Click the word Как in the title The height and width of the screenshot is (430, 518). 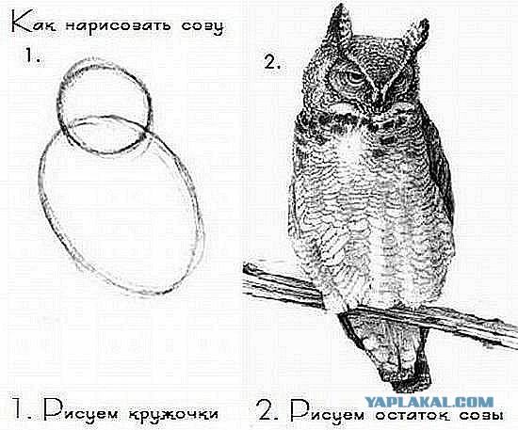[x=30, y=21]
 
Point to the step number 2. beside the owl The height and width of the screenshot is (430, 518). [x=272, y=64]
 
